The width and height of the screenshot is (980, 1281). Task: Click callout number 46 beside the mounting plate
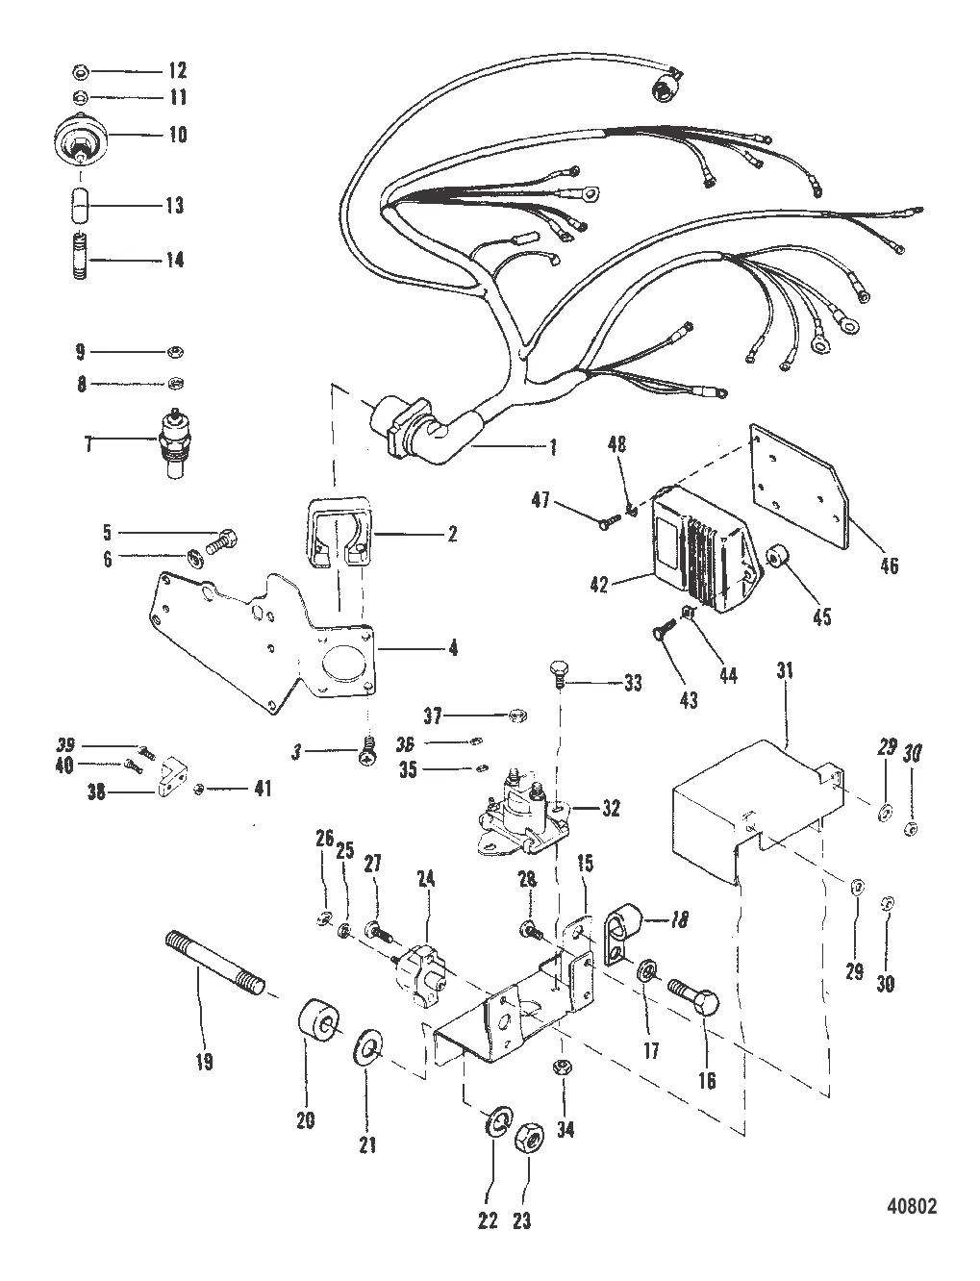pos(889,565)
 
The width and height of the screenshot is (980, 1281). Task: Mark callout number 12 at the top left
pos(177,71)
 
